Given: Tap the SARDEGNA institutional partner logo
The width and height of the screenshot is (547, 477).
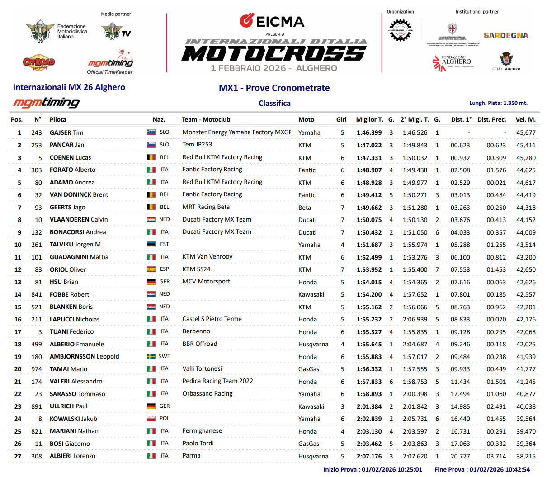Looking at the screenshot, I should click(x=505, y=35).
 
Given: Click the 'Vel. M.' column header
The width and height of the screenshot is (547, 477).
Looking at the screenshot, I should click(x=525, y=119).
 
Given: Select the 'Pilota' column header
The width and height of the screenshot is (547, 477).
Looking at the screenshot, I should click(x=58, y=119).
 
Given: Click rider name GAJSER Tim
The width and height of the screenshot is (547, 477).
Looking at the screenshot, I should click(x=66, y=132).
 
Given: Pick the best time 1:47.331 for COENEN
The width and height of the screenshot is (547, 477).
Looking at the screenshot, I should click(x=369, y=158).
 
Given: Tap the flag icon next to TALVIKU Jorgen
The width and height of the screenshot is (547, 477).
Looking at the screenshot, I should click(x=151, y=244).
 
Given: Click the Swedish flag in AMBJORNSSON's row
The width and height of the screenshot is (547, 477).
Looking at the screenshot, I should click(x=151, y=356).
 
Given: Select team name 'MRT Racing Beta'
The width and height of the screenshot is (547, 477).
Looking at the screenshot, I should click(x=206, y=207).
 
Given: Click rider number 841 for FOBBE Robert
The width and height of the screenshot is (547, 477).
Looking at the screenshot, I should click(x=37, y=294).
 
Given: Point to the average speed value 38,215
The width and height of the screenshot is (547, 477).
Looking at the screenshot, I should click(x=526, y=456).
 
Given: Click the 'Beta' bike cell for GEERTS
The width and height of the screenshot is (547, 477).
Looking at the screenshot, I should click(x=305, y=208).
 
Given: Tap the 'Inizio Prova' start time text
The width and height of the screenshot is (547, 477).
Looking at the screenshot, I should click(x=373, y=469).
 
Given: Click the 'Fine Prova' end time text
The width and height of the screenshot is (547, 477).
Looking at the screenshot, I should click(x=482, y=469).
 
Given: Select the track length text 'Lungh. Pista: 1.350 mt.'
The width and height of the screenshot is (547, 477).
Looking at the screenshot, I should click(x=498, y=103).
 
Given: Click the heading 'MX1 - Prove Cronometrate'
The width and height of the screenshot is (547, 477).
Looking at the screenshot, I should click(x=274, y=88).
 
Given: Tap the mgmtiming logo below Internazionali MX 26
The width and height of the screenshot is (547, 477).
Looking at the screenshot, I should click(x=46, y=103).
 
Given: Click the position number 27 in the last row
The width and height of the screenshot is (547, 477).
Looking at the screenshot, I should click(x=18, y=456).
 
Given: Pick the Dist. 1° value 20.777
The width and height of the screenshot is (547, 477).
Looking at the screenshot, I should click(x=460, y=456).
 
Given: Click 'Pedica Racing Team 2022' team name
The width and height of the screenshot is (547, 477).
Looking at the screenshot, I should click(x=217, y=381).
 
